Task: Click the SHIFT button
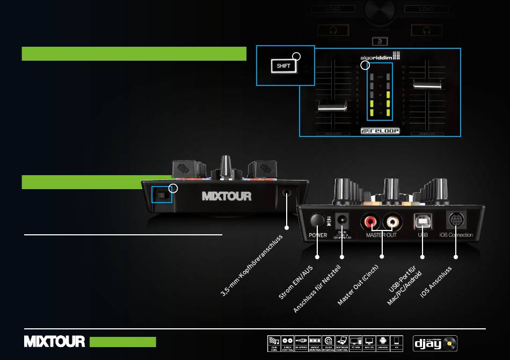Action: [x=283, y=66]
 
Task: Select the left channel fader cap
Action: [x=331, y=107]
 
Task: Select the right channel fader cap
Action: [x=427, y=83]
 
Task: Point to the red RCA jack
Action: [x=371, y=220]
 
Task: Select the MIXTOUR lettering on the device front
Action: [x=227, y=196]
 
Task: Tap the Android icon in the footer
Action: [x=382, y=342]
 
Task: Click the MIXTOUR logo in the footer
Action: [x=54, y=342]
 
